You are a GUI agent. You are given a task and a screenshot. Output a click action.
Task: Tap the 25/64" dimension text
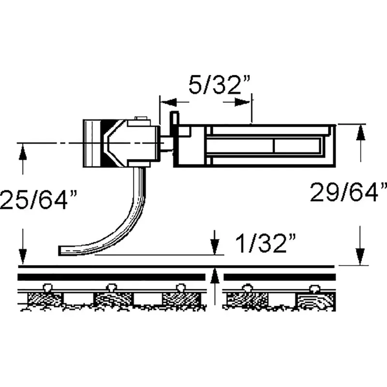point(38,199)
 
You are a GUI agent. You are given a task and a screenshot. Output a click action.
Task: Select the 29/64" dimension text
point(348,192)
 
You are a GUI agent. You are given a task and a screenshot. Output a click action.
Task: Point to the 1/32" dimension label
point(265,243)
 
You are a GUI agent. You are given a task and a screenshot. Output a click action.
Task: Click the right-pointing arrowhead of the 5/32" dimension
point(242,102)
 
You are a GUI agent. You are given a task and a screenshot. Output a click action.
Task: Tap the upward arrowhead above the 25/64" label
point(23,152)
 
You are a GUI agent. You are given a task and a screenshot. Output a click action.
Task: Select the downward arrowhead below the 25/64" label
point(23,257)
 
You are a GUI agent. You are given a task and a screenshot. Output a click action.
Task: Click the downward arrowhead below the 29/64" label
point(360,257)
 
